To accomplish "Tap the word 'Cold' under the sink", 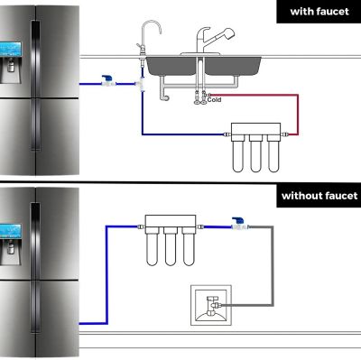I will pos(214,101).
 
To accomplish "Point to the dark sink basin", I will pos(203,67).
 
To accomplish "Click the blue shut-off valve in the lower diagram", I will pos(239,220).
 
